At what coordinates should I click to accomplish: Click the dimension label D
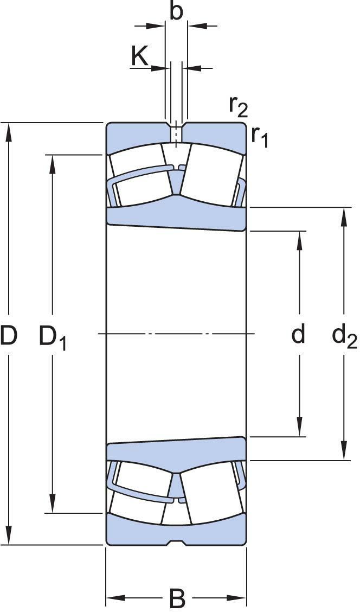(x=9, y=335)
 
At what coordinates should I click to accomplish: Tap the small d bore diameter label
(x=298, y=334)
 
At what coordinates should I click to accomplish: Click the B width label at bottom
(x=177, y=598)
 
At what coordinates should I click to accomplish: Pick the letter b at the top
(x=176, y=11)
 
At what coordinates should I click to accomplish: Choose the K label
(x=139, y=56)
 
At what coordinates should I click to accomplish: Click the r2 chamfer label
(x=238, y=106)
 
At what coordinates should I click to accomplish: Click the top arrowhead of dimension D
(x=9, y=130)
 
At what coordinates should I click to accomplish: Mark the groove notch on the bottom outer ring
(x=177, y=542)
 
